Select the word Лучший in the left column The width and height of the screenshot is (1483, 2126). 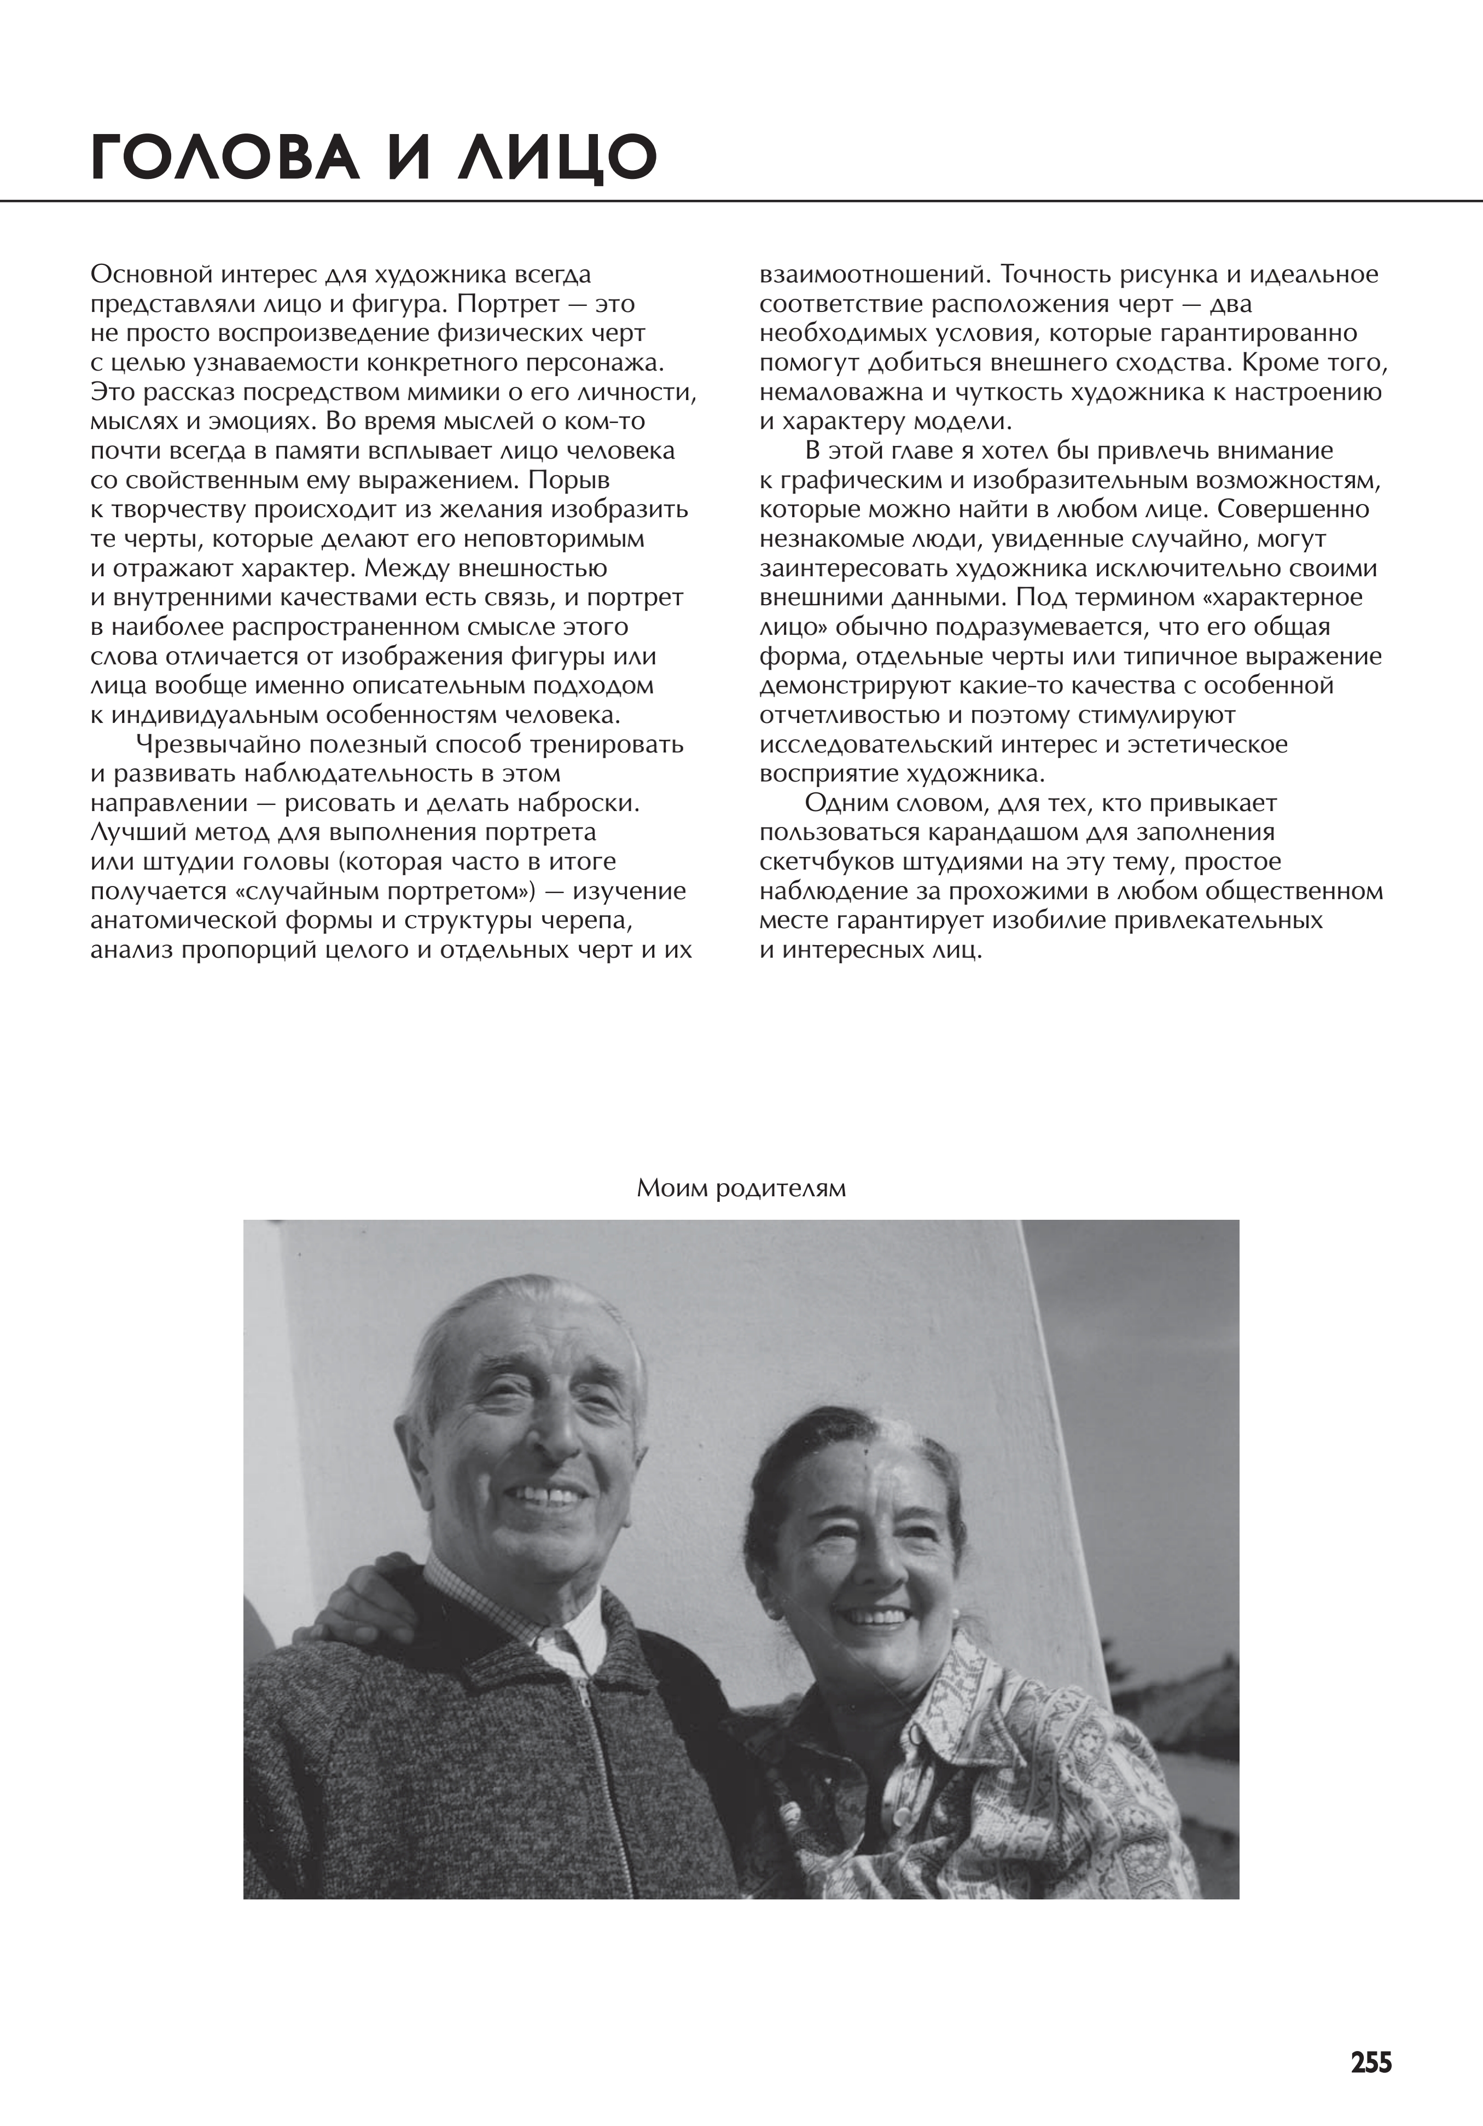(x=135, y=832)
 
